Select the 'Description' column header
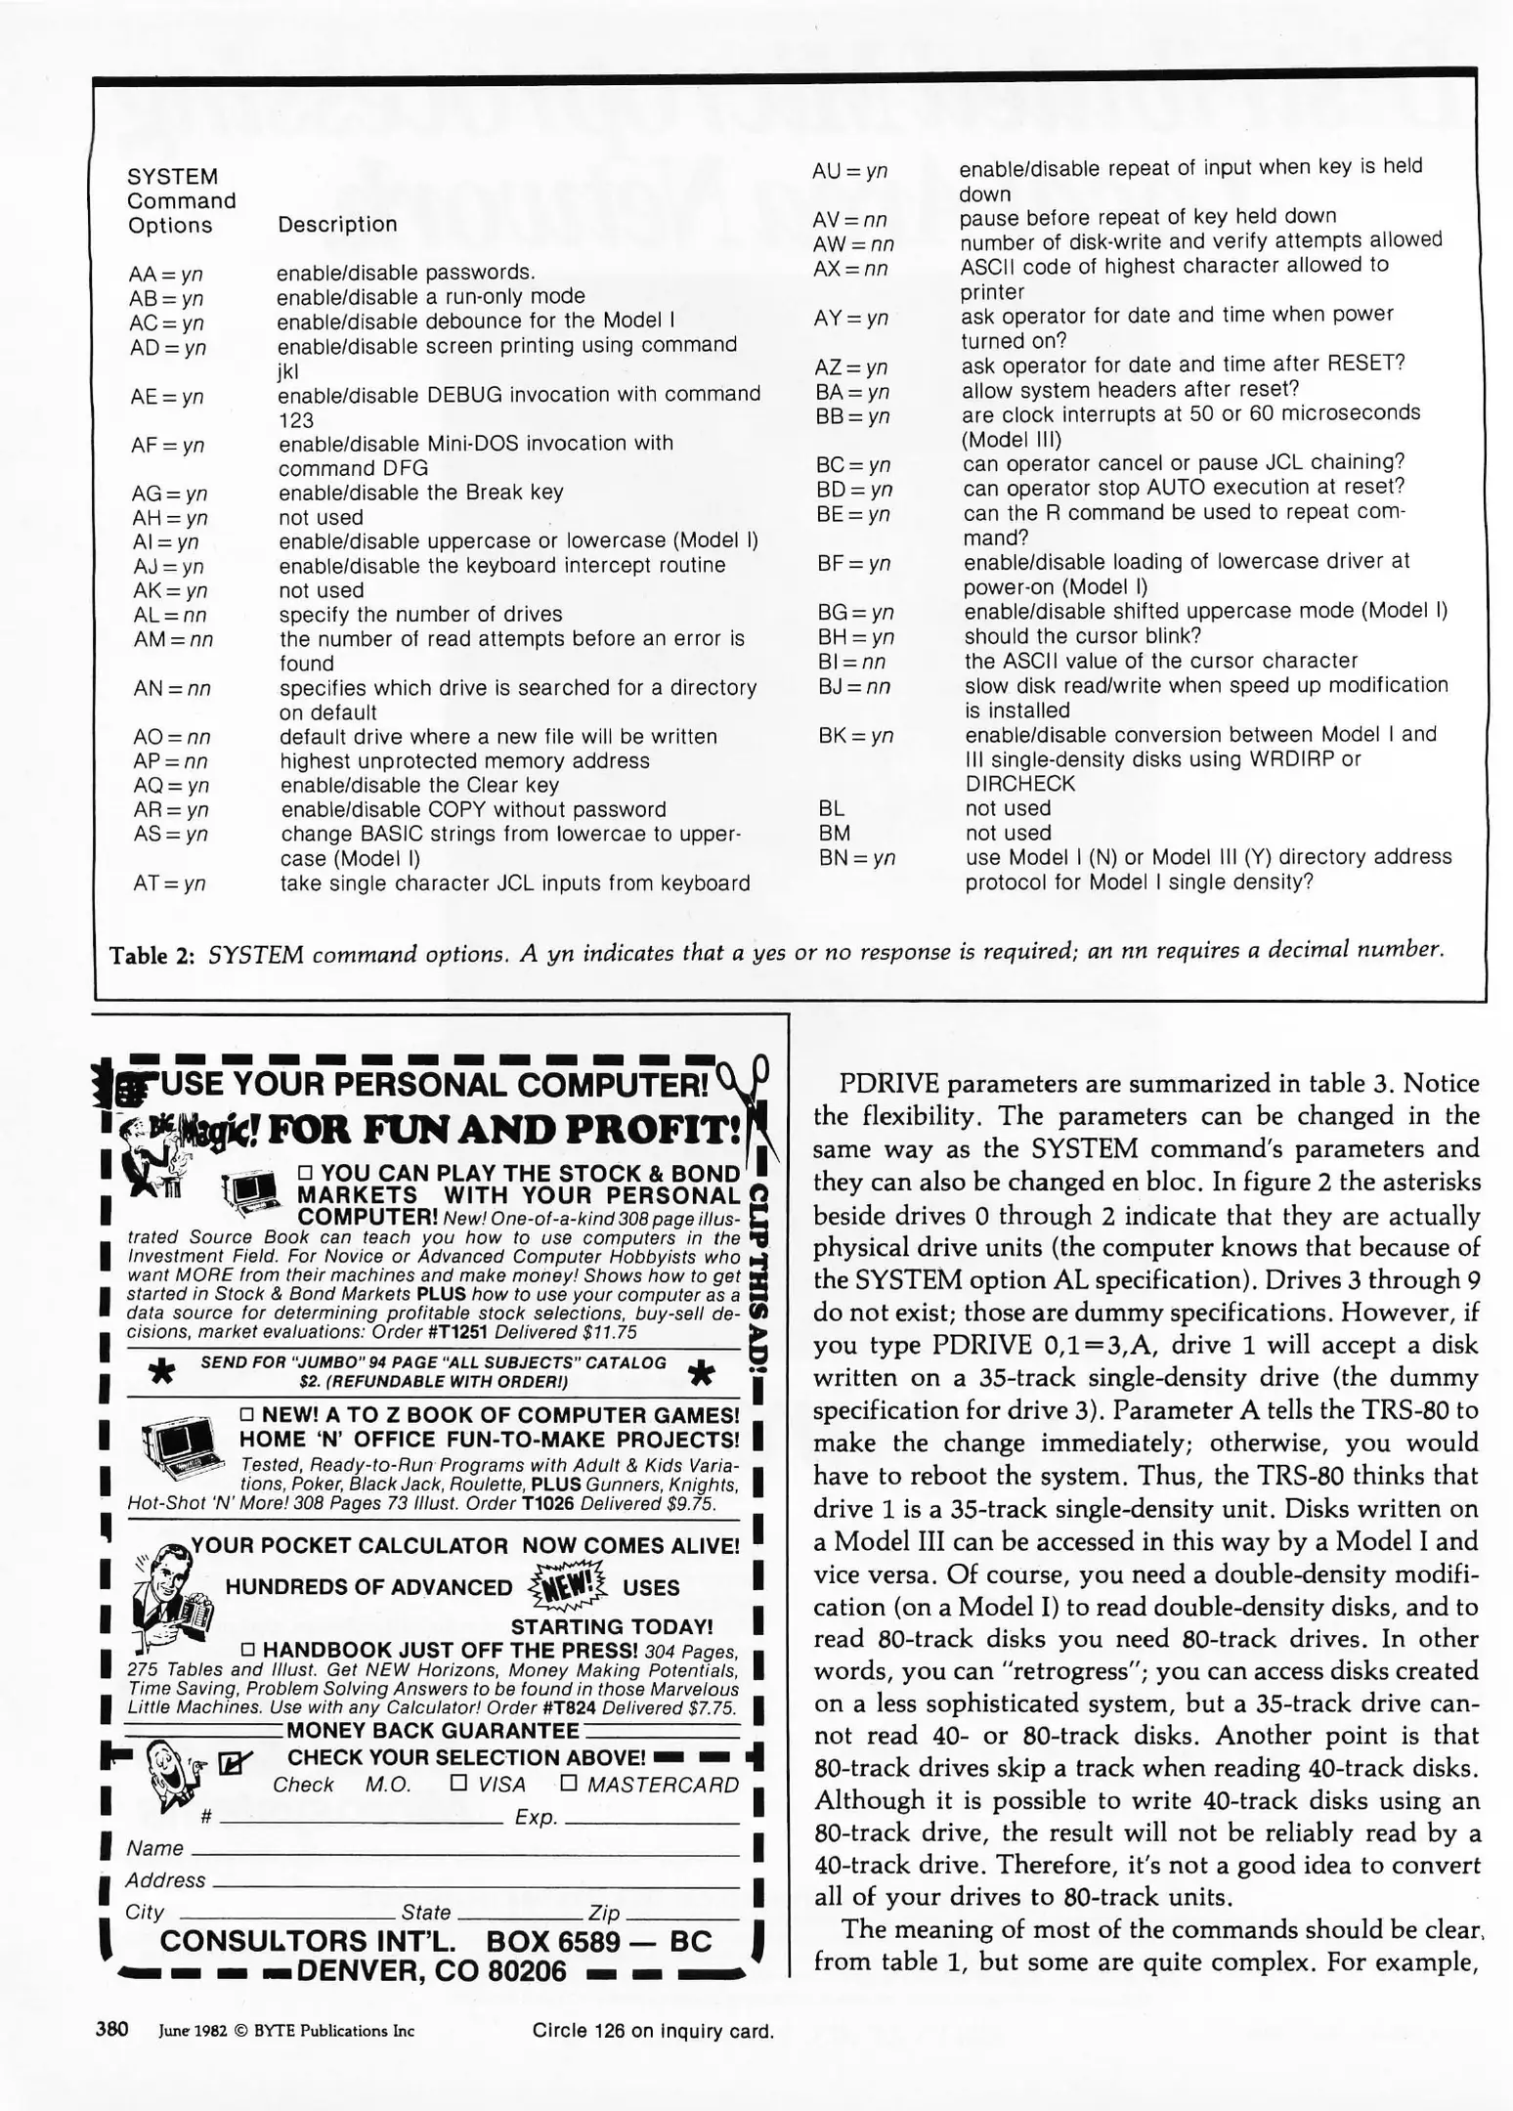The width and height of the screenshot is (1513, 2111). click(337, 224)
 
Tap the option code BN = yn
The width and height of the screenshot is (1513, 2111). click(856, 858)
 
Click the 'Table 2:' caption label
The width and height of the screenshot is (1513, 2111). click(151, 954)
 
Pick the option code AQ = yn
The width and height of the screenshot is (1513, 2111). click(171, 786)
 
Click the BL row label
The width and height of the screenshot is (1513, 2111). click(831, 809)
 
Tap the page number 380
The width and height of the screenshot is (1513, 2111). click(112, 2029)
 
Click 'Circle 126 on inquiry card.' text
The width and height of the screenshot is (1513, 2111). click(653, 2031)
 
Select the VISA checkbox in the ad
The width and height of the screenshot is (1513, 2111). click(458, 1783)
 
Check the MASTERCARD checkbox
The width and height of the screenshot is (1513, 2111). click(569, 1783)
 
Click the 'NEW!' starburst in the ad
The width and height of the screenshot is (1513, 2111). click(566, 1582)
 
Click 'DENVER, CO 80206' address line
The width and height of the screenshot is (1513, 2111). click(431, 1970)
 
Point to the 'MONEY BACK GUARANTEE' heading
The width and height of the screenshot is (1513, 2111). click(433, 1730)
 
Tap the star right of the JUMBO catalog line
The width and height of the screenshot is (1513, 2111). click(701, 1374)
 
